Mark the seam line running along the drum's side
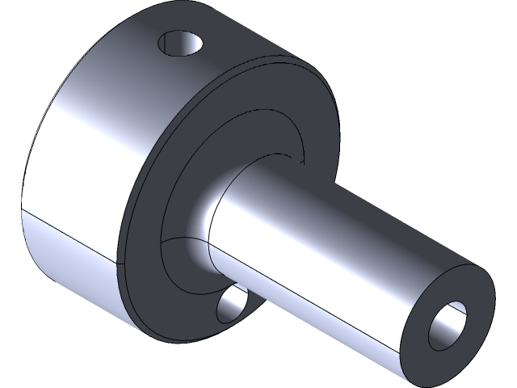tap(73, 231)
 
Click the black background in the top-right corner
tap(485, 24)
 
